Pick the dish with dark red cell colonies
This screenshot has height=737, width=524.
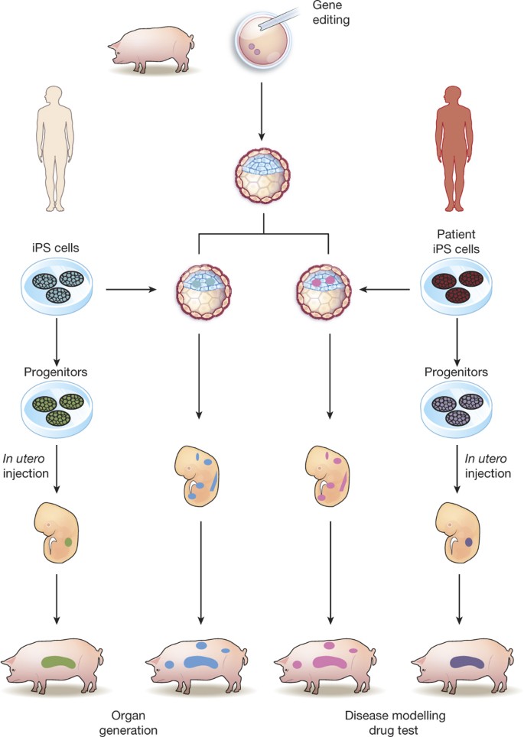click(x=457, y=289)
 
